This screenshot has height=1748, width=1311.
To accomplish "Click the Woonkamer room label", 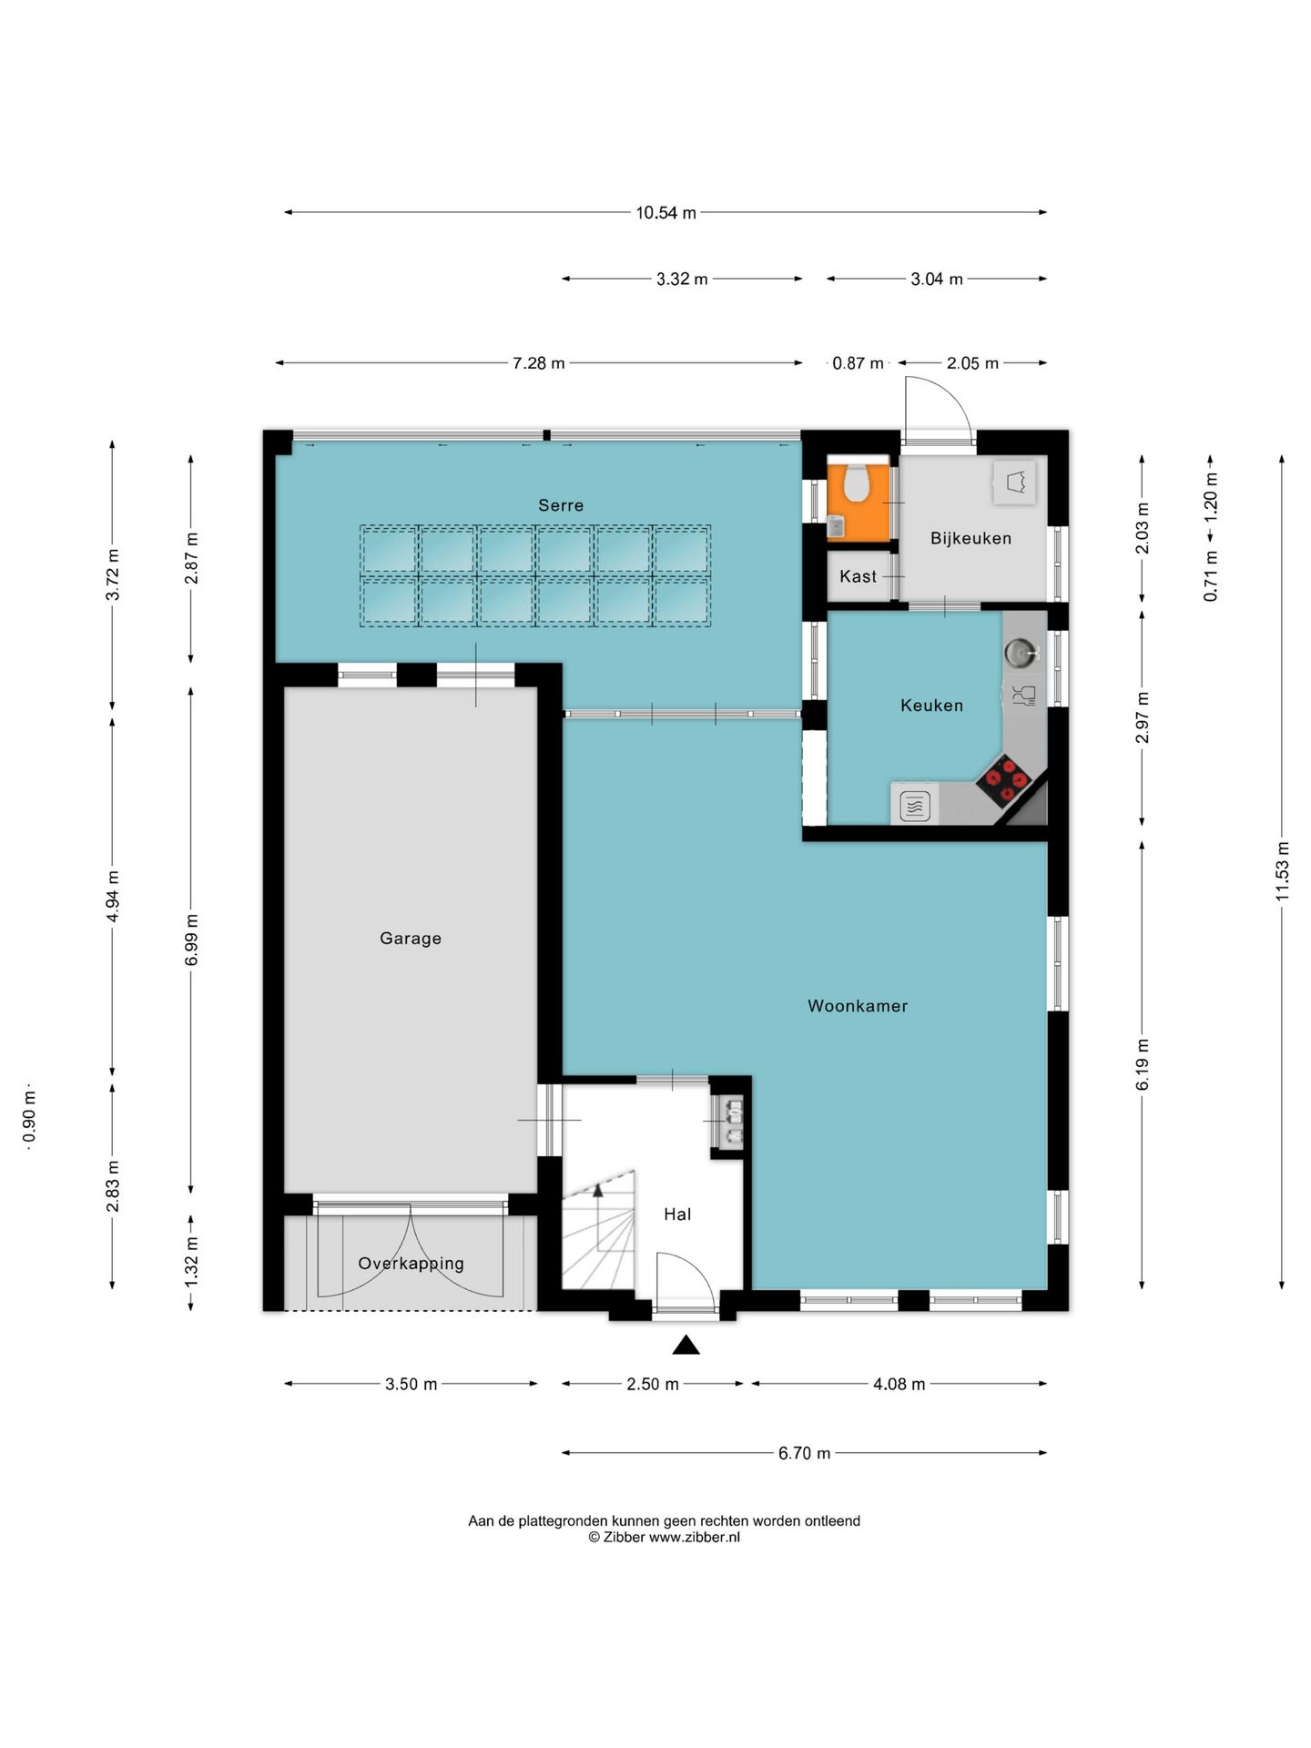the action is point(858,1006).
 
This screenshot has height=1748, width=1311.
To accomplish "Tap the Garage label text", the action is point(411,939).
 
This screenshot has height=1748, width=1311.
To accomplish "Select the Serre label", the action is point(561,505).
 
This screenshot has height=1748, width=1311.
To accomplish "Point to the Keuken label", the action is point(931,705).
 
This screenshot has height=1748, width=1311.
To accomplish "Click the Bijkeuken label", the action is point(971,538).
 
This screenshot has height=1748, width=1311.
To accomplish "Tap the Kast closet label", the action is point(858,576).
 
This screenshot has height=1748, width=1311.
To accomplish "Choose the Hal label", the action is point(677,1214).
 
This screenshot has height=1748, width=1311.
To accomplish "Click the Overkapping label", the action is point(411,1264).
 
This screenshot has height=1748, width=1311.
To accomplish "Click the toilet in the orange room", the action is point(857,483).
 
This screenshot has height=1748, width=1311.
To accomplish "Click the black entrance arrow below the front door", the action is point(686,1344).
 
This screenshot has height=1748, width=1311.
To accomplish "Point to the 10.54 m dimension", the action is point(666,213).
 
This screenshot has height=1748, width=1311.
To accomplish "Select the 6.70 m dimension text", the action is point(804,1453).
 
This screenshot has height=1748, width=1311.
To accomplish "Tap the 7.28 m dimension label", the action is point(538,363).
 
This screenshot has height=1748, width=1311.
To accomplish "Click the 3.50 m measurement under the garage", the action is point(411,1384).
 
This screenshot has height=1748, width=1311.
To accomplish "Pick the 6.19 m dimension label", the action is point(1143,1063).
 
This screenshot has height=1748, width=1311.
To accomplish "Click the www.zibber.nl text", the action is point(695,1537).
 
